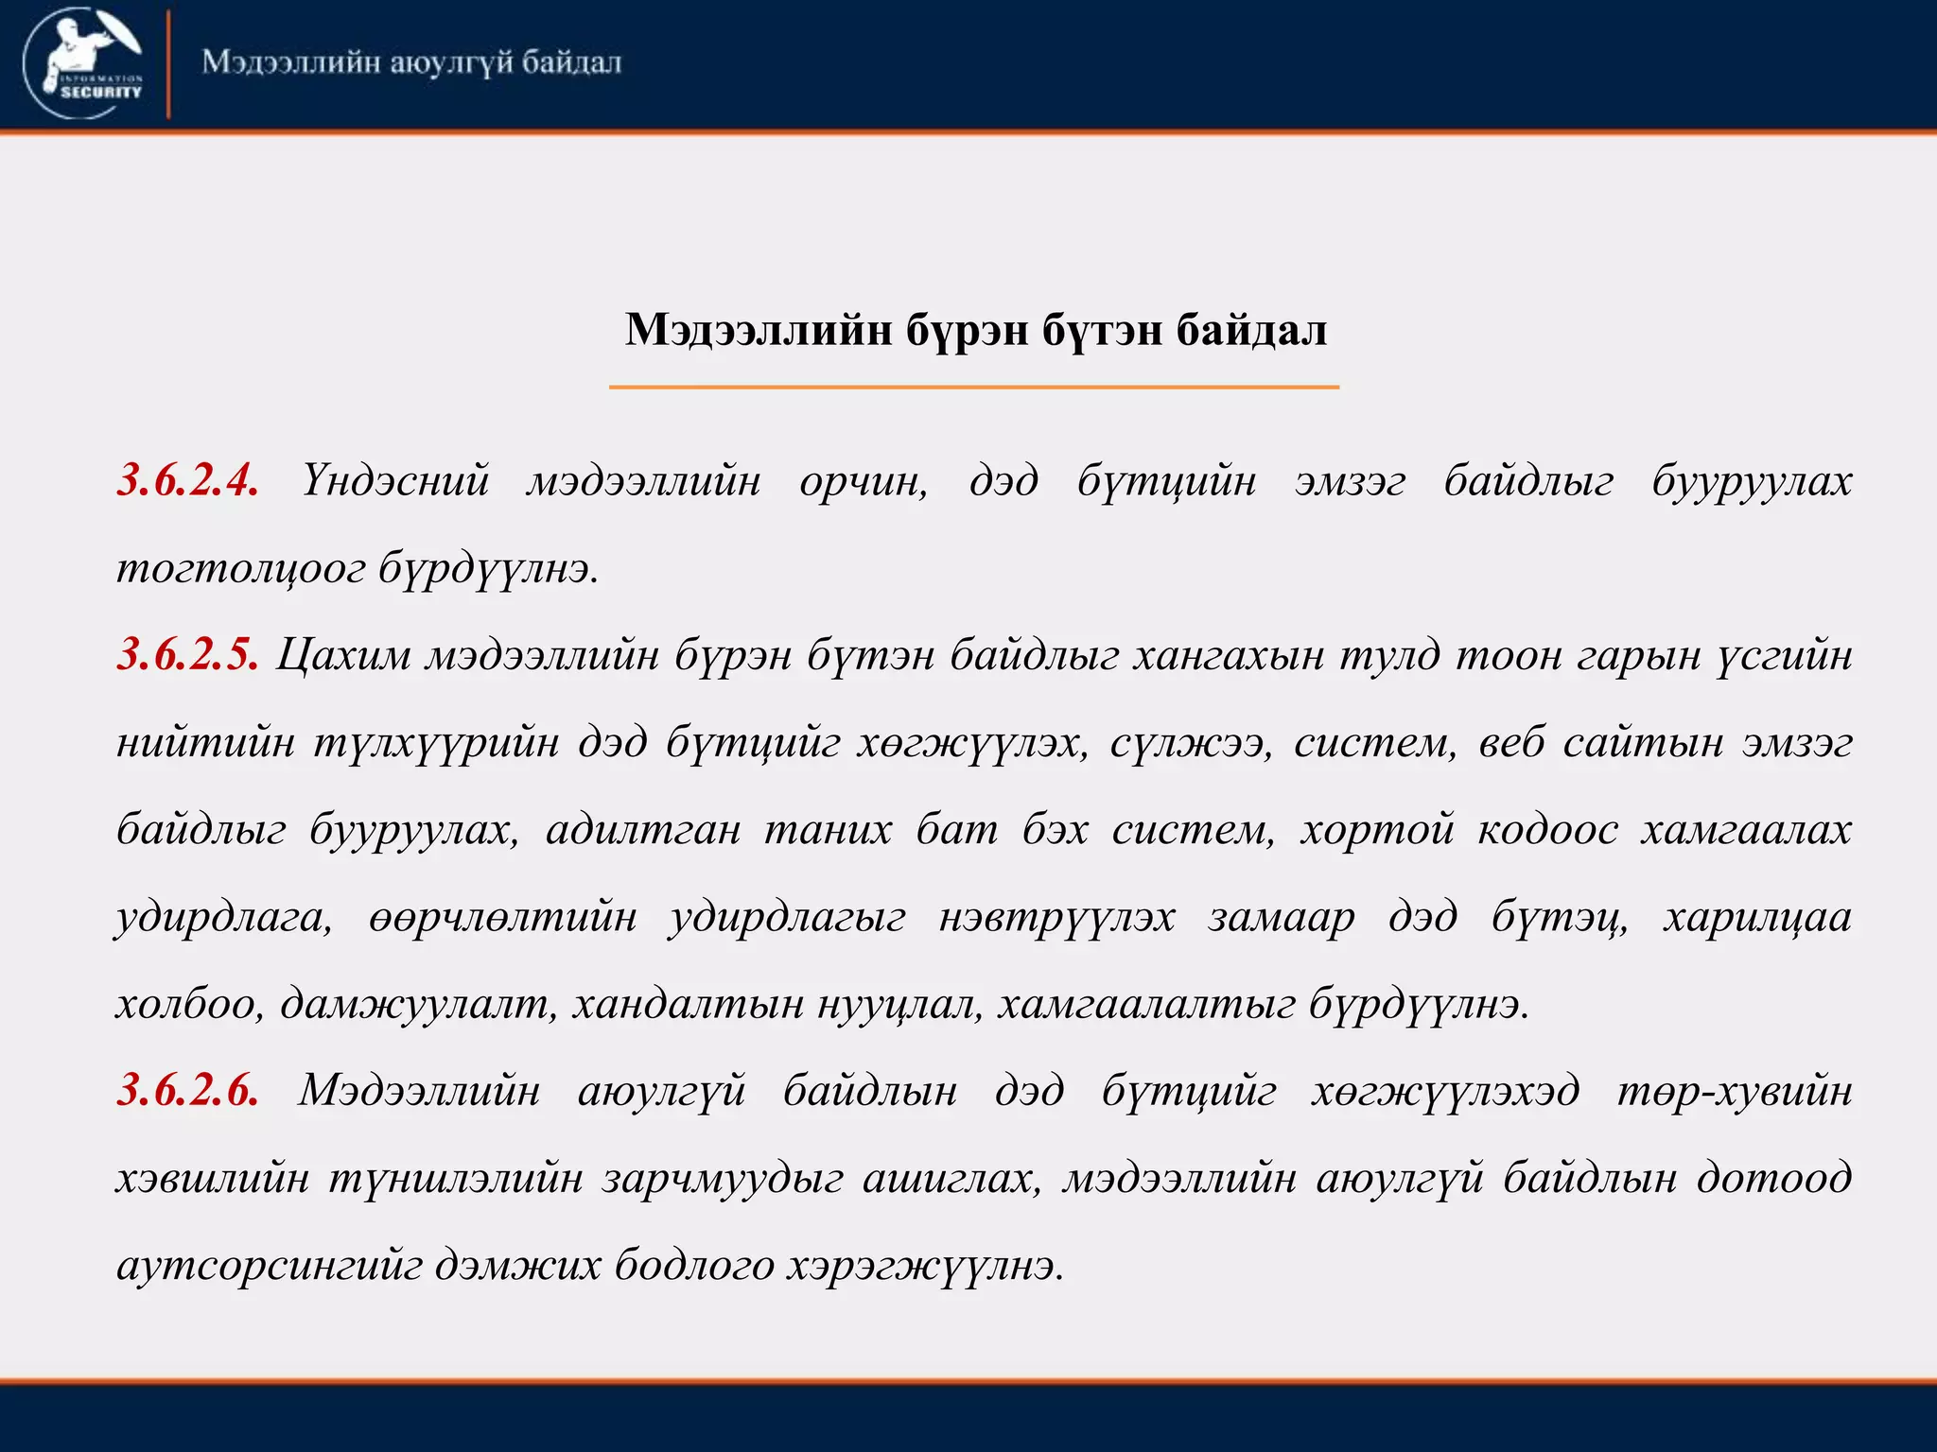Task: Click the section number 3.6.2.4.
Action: coord(187,480)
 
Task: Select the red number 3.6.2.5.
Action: coord(187,654)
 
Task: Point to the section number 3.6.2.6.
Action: coord(187,1090)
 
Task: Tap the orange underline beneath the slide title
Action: coord(973,387)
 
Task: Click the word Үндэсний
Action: coord(395,480)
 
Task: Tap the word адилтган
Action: coord(643,830)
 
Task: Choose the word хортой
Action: coord(1376,830)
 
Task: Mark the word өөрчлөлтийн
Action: coord(503,917)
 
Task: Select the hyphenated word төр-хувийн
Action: coord(1734,1090)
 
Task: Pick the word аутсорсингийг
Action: coord(270,1265)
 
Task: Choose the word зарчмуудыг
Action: coord(722,1178)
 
